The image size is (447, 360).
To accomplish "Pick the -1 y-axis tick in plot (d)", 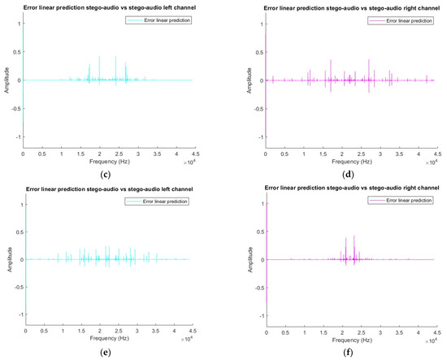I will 258,137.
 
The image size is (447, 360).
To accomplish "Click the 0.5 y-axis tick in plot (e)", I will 18,232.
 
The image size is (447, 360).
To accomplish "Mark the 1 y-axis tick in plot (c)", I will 18,24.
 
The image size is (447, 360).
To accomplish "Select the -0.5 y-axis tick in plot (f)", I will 257,288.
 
